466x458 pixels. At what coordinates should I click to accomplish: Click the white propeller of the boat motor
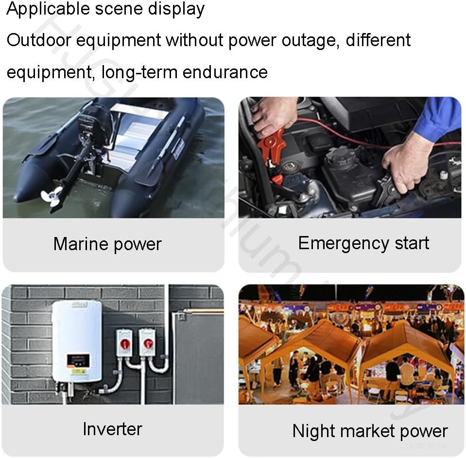click(52, 196)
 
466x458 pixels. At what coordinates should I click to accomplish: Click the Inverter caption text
click(112, 429)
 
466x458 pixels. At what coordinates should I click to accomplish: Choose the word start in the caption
click(409, 243)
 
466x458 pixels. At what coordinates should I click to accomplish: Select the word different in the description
click(379, 40)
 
